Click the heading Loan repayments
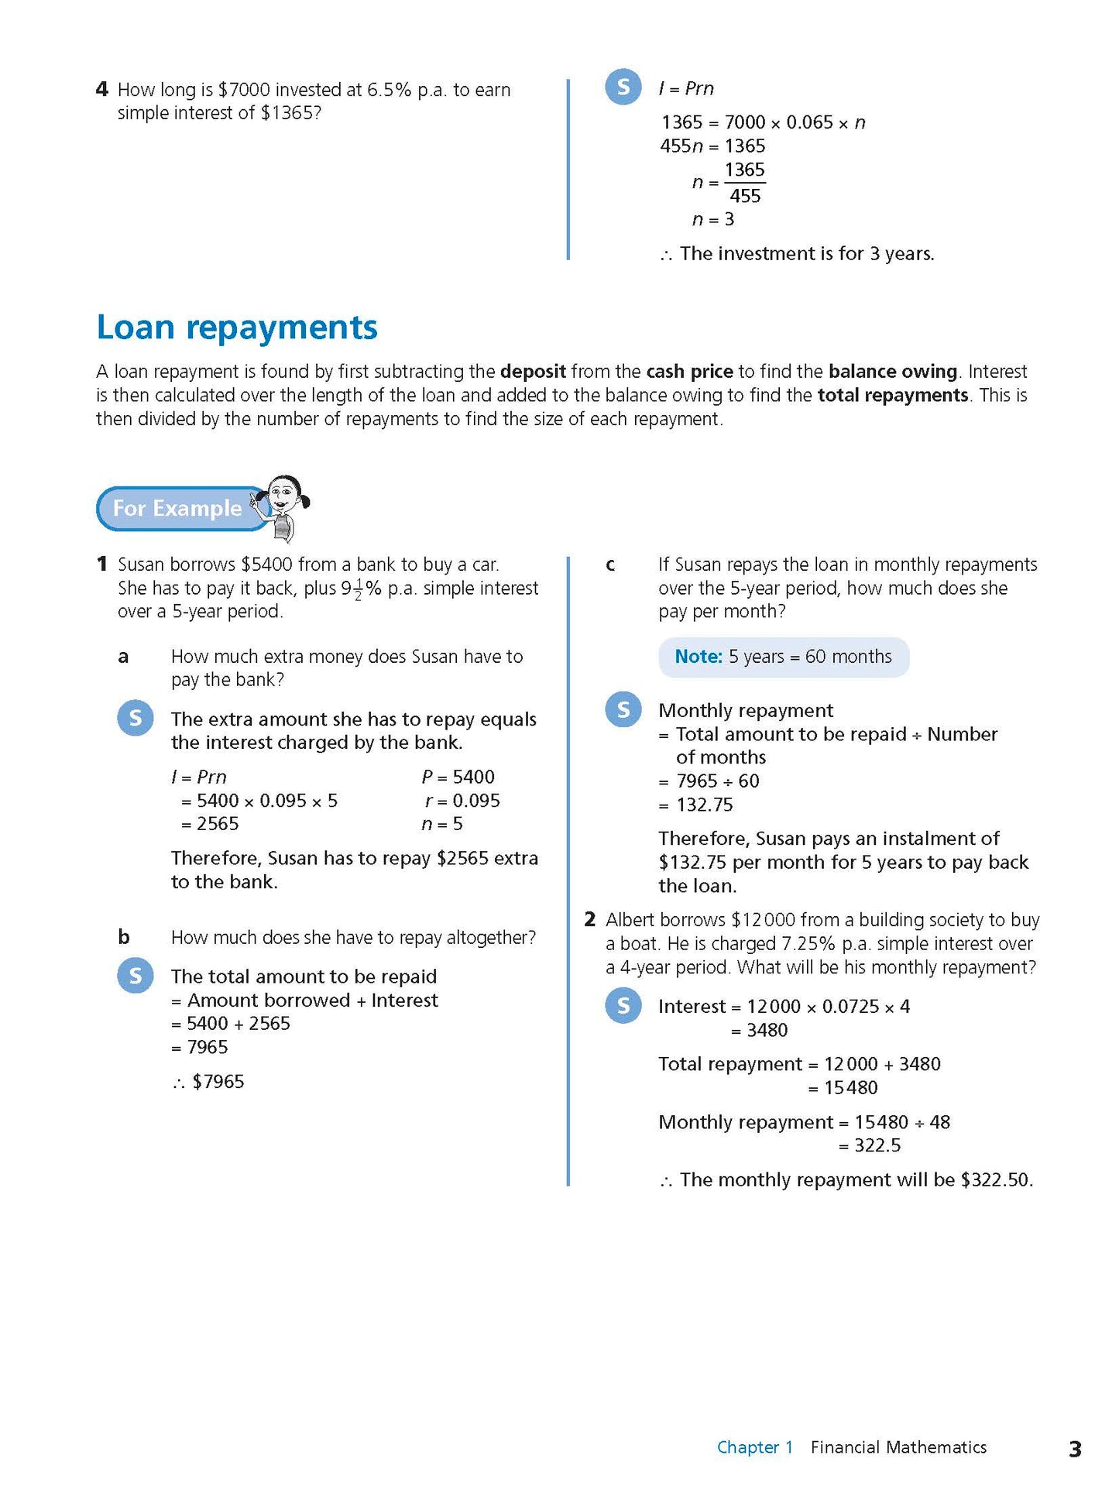coord(237,328)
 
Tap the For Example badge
coord(178,508)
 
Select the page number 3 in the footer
coord(1074,1449)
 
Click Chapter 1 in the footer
coord(754,1447)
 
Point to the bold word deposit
coord(533,372)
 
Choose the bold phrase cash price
coord(689,372)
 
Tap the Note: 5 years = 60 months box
coord(783,657)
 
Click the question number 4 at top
coord(102,90)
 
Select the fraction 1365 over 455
coord(744,183)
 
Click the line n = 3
coord(713,220)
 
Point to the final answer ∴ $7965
coord(209,1082)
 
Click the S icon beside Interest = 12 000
coord(623,1006)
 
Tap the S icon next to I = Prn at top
coord(623,88)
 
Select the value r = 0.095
coord(462,801)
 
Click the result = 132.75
coord(696,805)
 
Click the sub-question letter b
coord(124,938)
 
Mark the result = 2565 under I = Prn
coord(211,824)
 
